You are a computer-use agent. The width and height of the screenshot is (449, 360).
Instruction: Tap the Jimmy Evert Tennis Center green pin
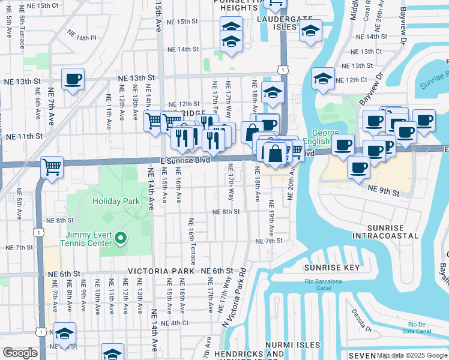[x=121, y=239]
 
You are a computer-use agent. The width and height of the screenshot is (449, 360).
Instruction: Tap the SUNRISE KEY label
[x=332, y=268]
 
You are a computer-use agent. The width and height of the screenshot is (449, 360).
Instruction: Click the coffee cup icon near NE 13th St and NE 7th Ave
[x=73, y=79]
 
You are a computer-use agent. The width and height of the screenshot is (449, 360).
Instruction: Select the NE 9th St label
[x=383, y=189]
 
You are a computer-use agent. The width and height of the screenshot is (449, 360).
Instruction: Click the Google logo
[x=20, y=353]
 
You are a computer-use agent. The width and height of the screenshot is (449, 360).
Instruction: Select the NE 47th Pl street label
[x=82, y=37]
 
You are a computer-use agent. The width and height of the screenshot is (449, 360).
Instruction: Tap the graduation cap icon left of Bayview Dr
[x=323, y=79]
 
